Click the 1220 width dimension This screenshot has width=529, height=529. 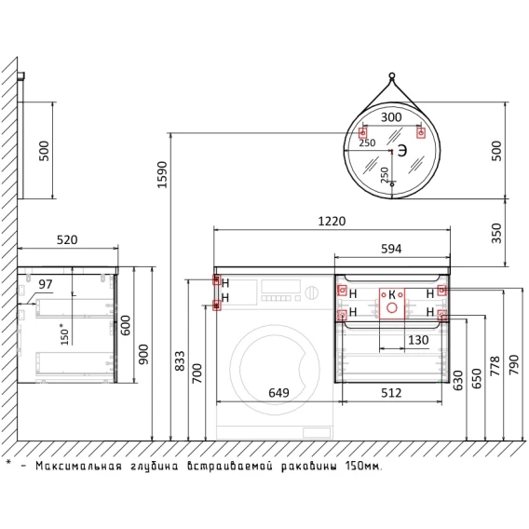click(332, 222)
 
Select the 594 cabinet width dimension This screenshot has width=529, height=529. click(391, 249)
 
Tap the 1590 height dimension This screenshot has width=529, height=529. click(163, 175)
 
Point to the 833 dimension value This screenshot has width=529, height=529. click(180, 361)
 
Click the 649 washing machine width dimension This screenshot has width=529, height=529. click(278, 393)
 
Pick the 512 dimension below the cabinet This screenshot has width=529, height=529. click(391, 393)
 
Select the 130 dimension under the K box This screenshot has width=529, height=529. click(418, 340)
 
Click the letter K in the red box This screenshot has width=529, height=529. click(392, 294)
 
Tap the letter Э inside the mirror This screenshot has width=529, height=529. click(401, 151)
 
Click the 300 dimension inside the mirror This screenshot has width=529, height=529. click(391, 117)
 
